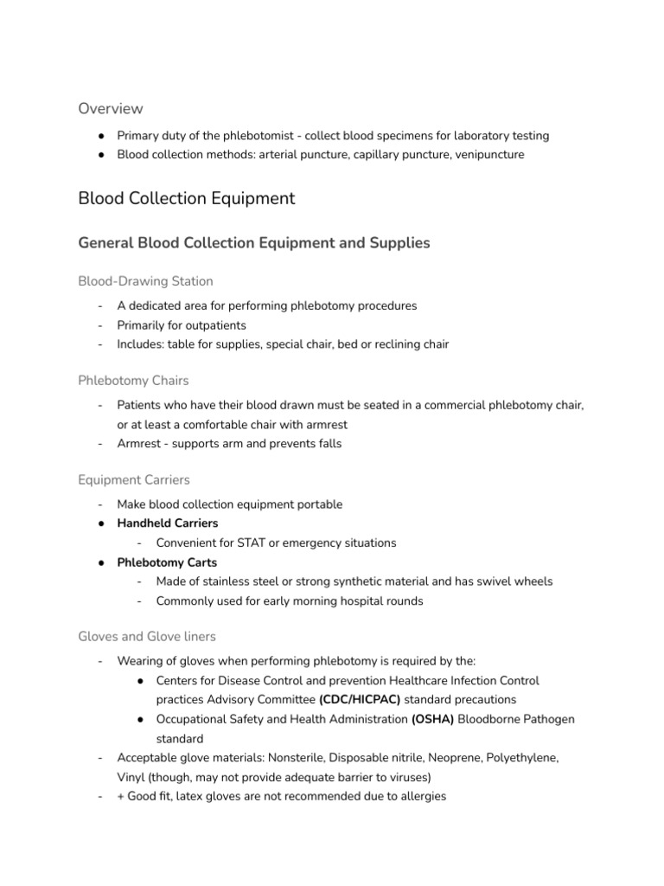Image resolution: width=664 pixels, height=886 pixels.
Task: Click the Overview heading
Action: tap(111, 108)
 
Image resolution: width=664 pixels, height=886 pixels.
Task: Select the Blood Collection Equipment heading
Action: tap(186, 198)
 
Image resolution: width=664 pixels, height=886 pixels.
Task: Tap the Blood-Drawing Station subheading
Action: tap(145, 281)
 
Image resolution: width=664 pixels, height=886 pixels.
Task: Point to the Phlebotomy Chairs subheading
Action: tap(133, 380)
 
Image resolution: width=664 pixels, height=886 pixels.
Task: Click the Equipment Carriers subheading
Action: tap(134, 479)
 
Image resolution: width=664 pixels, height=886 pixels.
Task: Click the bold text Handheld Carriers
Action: tap(168, 523)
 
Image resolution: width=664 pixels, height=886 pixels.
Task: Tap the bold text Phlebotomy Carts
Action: tap(167, 562)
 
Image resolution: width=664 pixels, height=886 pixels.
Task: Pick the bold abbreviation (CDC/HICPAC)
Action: tap(360, 698)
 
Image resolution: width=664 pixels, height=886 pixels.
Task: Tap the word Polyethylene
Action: tap(520, 757)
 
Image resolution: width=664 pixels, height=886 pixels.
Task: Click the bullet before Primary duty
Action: tap(101, 136)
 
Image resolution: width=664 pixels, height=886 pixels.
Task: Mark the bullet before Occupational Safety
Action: tap(140, 719)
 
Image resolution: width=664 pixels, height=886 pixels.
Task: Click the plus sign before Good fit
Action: tap(121, 796)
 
